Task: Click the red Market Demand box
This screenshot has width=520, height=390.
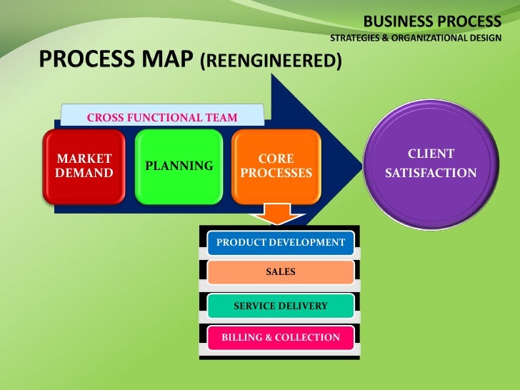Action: click(x=85, y=166)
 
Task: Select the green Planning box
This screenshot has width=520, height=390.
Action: click(x=178, y=166)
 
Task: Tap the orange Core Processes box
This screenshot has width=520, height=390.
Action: click(x=276, y=166)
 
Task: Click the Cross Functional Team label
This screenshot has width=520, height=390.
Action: click(x=162, y=117)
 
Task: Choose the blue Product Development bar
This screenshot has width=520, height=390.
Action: click(x=281, y=242)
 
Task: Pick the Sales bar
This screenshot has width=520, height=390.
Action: click(x=281, y=272)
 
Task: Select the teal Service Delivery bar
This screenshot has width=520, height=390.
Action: click(x=281, y=306)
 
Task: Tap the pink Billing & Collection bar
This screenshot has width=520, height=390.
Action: click(x=281, y=337)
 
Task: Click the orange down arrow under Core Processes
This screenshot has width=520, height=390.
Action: click(x=276, y=214)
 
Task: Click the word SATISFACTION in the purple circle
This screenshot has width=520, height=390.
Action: click(x=431, y=174)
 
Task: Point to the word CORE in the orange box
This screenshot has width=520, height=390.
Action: click(x=276, y=159)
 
